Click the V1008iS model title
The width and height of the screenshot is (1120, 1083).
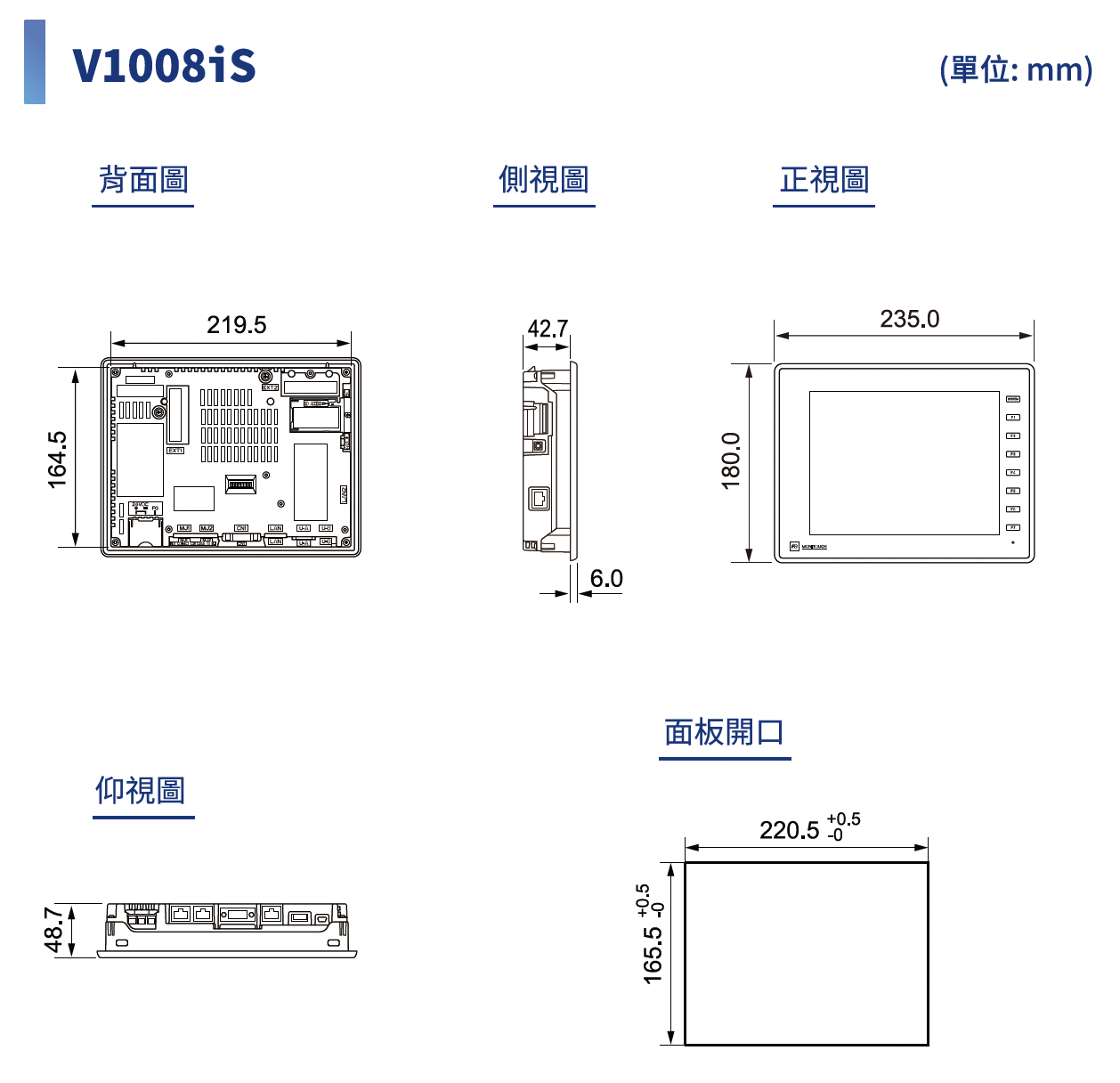point(164,65)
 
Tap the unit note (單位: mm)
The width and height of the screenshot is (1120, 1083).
point(1016,69)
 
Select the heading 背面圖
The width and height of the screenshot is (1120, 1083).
point(143,180)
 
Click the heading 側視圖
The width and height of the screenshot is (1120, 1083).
point(544,180)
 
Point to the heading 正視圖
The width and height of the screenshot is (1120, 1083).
point(824,180)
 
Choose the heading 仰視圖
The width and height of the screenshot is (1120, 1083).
point(142,790)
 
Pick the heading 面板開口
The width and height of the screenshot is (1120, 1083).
point(724,732)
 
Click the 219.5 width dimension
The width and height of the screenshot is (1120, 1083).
point(236,325)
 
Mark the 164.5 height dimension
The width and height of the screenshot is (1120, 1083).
point(57,460)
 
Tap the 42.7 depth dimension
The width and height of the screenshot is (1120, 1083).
point(547,329)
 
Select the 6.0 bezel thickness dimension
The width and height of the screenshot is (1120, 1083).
point(606,579)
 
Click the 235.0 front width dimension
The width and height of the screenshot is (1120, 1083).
point(909,319)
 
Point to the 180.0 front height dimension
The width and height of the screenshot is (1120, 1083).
point(731,460)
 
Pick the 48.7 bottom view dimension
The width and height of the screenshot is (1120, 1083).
point(54,930)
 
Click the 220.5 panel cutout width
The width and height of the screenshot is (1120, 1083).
point(789,830)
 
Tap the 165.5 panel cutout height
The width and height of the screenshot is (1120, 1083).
point(653,955)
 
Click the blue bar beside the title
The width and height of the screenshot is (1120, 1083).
point(35,62)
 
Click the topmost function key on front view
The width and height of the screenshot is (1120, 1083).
point(1012,399)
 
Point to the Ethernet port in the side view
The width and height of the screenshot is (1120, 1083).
point(540,497)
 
